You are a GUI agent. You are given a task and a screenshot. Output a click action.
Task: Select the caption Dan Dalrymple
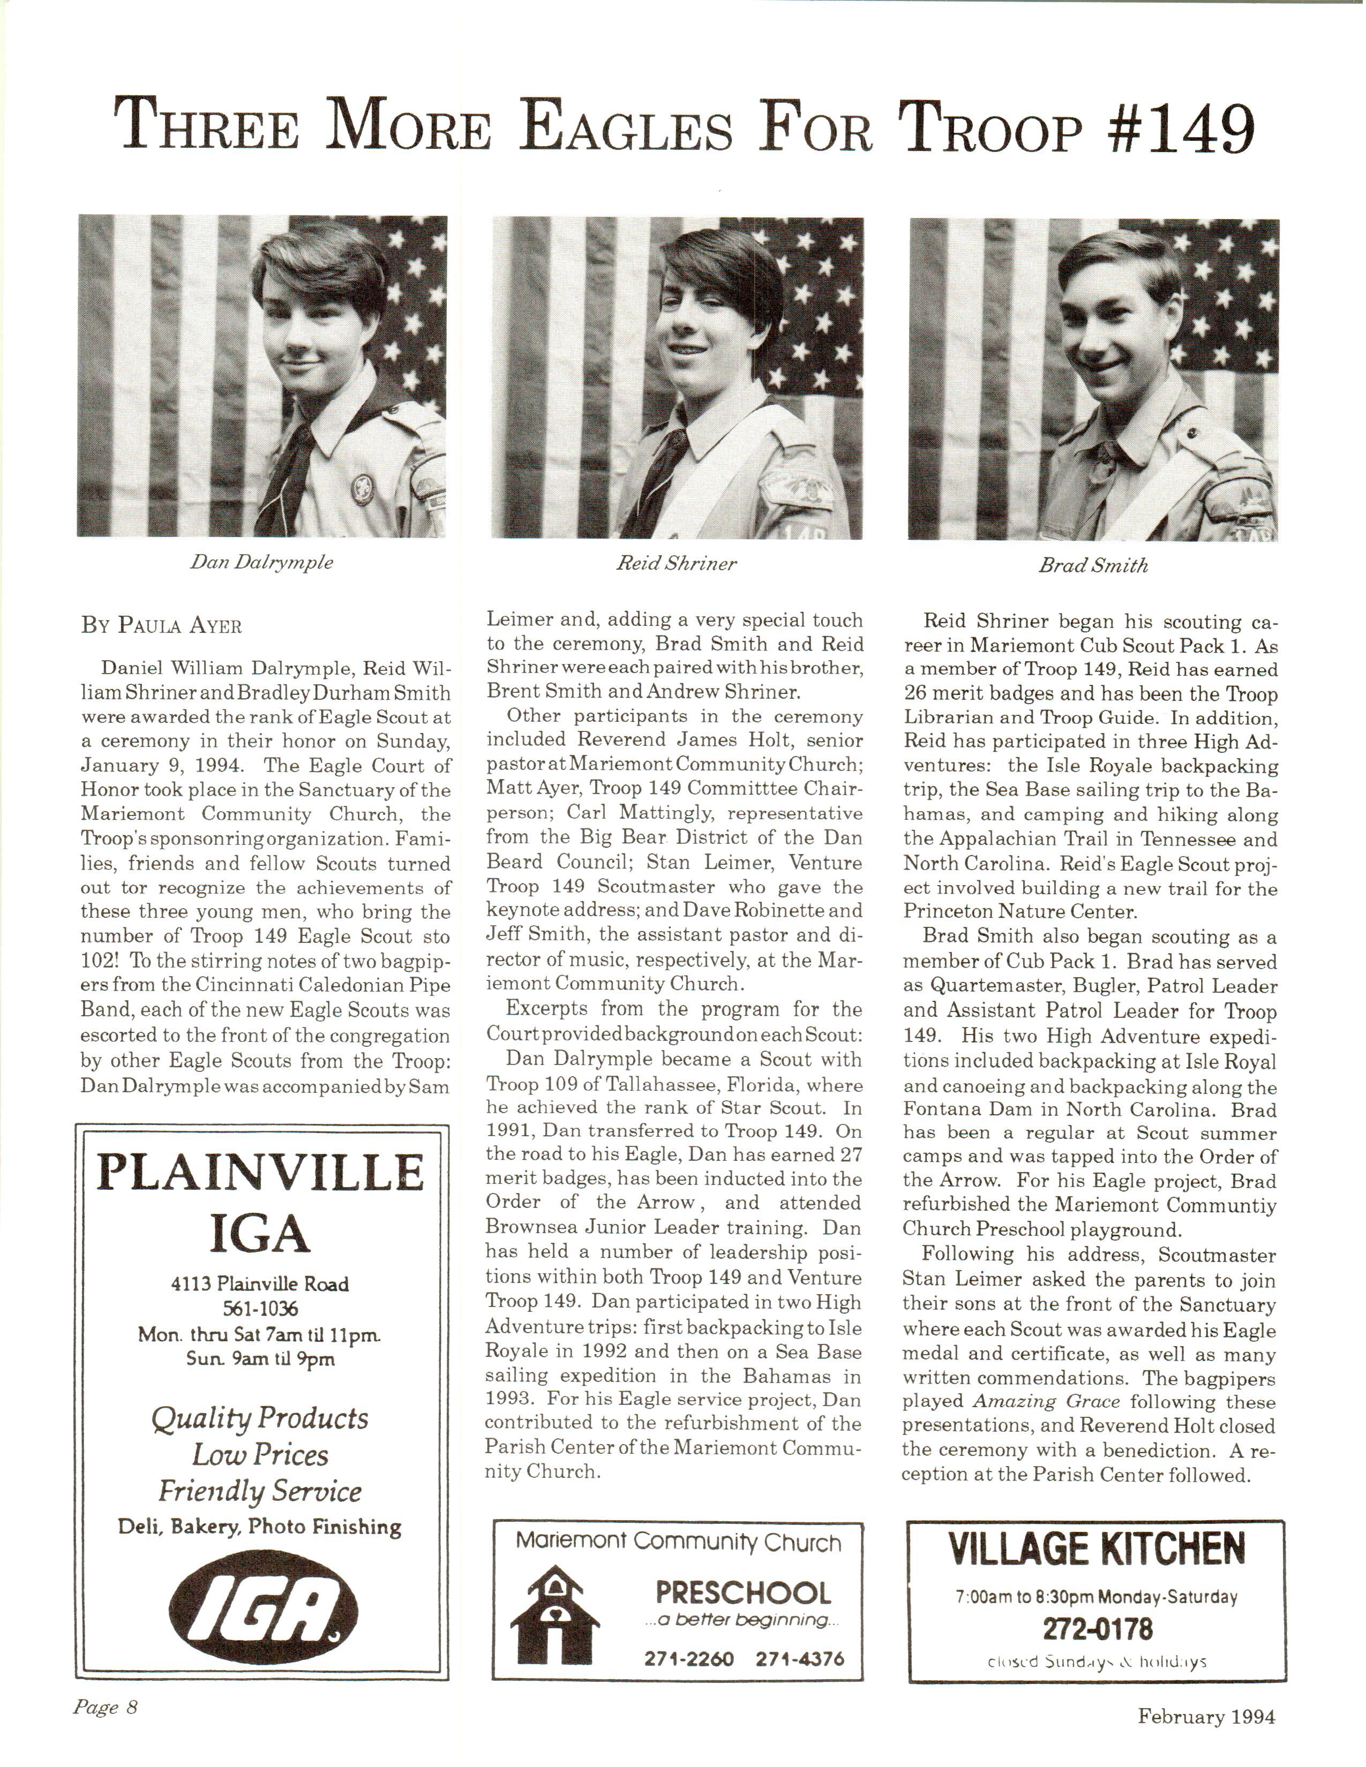point(261,562)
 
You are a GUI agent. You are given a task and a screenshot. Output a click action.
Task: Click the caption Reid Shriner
point(677,564)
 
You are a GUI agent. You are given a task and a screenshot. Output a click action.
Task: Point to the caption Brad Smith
point(1093,565)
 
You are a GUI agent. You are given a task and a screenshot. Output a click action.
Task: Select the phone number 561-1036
point(260,1308)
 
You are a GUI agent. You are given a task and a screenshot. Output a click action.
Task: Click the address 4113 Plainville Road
point(260,1284)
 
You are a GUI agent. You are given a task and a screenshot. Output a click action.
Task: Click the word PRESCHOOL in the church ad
point(743,1594)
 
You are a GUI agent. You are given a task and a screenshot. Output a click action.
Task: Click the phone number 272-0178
point(1097,1628)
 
